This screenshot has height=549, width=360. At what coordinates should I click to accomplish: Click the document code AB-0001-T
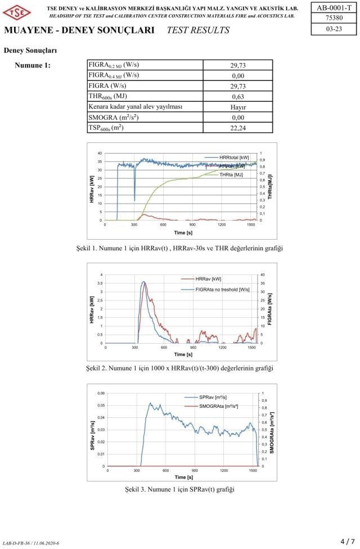(x=334, y=8)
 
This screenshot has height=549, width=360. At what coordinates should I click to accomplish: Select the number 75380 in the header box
(x=334, y=19)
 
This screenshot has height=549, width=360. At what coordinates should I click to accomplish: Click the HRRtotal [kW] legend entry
(x=227, y=157)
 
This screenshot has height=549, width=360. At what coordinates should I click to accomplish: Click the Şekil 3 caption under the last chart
(x=179, y=489)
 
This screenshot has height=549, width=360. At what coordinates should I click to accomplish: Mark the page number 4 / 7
(x=348, y=541)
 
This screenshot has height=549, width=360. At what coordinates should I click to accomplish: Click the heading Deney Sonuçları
(x=30, y=51)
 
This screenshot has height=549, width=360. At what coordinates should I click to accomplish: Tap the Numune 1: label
(x=33, y=65)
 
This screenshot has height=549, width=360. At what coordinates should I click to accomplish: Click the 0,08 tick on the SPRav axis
(x=101, y=393)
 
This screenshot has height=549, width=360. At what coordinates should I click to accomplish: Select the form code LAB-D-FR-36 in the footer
(x=31, y=543)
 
